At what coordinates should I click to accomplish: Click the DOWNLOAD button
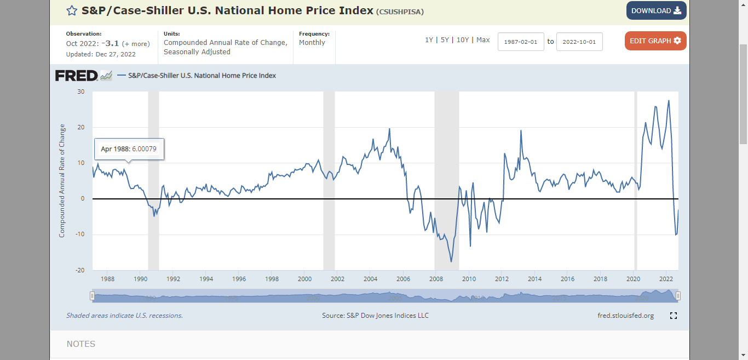(x=656, y=10)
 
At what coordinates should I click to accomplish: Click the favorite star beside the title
(x=72, y=11)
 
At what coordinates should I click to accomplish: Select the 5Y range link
(x=445, y=40)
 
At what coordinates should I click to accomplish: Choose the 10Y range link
(x=463, y=40)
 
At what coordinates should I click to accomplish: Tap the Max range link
(x=483, y=40)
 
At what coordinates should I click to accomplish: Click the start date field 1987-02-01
(x=521, y=42)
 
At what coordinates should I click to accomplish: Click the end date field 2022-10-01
(x=579, y=42)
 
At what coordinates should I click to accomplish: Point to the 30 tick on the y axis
(x=81, y=92)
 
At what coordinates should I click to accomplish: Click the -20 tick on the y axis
(x=80, y=270)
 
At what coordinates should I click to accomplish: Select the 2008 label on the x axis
(x=436, y=279)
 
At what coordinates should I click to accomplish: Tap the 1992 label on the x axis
(x=173, y=279)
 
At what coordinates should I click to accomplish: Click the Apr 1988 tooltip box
(x=129, y=149)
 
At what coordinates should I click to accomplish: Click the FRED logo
(x=77, y=76)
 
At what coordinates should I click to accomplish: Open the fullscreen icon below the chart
(x=673, y=316)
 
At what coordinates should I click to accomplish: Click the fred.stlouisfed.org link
(x=625, y=316)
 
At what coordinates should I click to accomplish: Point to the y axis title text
(x=62, y=181)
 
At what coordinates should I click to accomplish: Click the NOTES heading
(x=81, y=344)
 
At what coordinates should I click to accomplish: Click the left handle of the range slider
(x=92, y=296)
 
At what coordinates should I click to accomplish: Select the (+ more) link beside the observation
(x=136, y=44)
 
